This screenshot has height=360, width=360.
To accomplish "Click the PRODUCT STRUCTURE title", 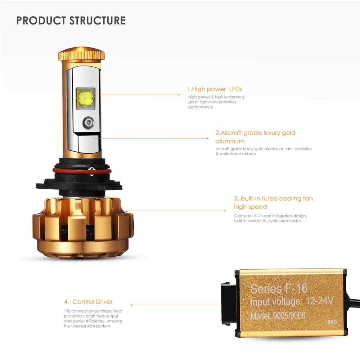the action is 71,20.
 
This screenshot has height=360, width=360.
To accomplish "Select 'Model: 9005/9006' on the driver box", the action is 278,316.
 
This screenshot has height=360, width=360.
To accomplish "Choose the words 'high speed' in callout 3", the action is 250,207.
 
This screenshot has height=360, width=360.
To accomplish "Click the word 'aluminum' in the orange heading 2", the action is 230,141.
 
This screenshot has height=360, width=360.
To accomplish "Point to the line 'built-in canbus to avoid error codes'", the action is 267,221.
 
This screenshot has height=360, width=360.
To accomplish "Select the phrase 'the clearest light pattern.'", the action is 87,326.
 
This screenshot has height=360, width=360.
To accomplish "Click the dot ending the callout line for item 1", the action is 179,95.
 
